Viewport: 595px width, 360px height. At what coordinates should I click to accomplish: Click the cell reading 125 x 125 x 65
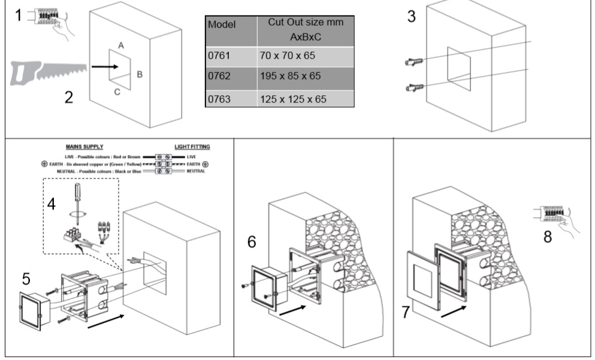[x=294, y=99]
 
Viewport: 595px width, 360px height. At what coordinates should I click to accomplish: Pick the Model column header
[x=222, y=26]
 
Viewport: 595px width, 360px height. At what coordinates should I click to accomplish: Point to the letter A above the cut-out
[x=120, y=46]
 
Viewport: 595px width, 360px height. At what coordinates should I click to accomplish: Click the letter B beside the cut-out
[x=139, y=74]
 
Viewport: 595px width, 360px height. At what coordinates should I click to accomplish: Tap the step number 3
[x=411, y=17]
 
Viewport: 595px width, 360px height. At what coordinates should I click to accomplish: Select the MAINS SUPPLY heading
[x=84, y=146]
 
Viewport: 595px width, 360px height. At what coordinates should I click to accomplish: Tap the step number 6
[x=252, y=242]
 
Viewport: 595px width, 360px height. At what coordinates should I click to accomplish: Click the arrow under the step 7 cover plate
[x=453, y=311]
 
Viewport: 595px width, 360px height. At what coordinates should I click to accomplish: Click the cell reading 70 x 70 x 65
[x=288, y=56]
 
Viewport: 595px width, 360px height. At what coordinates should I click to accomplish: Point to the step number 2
[x=70, y=97]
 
